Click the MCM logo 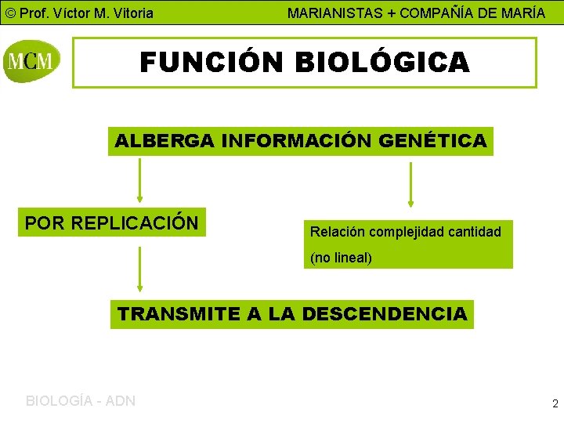[x=31, y=60]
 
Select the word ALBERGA [x=164, y=142]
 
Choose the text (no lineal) [x=341, y=258]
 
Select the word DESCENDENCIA [x=384, y=314]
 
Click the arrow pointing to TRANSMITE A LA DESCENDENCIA [x=139, y=270]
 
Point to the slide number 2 [x=555, y=404]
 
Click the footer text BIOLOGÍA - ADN [x=81, y=401]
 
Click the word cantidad [x=475, y=232]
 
